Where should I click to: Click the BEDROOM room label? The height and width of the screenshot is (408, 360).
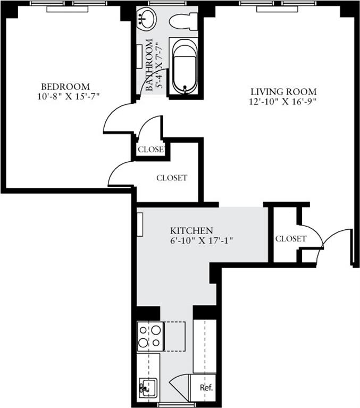[65, 86]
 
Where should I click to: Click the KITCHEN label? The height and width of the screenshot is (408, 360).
[191, 230]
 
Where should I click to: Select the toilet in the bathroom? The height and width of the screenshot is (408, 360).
[183, 21]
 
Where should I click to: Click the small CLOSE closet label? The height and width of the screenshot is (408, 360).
[150, 149]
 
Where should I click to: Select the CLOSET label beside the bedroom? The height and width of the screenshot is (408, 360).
[171, 178]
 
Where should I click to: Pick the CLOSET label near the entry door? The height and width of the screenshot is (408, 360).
[290, 239]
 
